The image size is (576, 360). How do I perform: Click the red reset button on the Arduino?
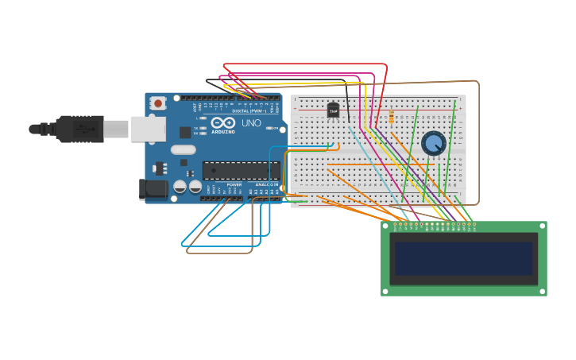(158, 103)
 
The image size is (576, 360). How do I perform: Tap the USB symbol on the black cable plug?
(82, 128)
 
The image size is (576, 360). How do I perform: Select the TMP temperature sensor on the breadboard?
(333, 110)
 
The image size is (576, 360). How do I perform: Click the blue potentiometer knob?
(434, 143)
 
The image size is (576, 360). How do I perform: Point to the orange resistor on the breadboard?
(391, 118)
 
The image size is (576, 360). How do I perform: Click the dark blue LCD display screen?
(463, 258)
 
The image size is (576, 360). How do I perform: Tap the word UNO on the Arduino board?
(251, 123)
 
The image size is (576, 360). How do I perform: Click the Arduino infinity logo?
(223, 123)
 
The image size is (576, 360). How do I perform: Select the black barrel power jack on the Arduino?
(153, 189)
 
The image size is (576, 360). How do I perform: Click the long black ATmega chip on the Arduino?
(240, 170)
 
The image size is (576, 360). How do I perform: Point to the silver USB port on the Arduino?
(148, 129)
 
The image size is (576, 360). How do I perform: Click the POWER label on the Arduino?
(234, 184)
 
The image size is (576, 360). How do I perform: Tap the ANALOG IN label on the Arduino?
(267, 184)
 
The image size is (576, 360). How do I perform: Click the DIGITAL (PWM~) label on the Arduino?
(248, 110)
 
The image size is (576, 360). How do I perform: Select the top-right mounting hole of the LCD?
(542, 226)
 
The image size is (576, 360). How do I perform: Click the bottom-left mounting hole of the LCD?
(385, 291)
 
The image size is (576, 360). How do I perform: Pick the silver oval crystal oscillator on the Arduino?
(183, 149)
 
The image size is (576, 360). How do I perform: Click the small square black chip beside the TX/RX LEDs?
(185, 132)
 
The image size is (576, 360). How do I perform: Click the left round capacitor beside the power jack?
(180, 187)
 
